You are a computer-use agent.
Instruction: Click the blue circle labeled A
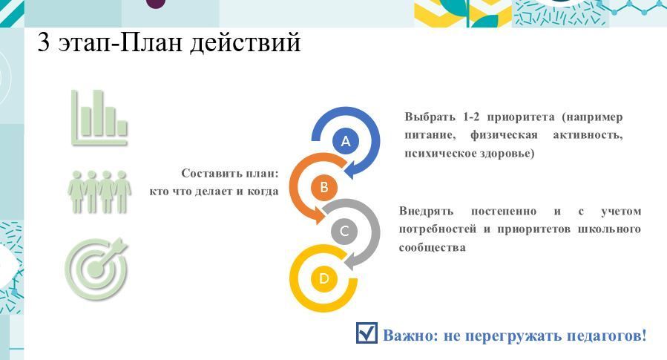346,141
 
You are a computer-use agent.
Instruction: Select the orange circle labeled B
323,187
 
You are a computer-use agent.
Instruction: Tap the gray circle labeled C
344,232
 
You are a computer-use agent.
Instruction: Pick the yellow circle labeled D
323,279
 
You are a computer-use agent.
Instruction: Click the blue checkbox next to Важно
367,333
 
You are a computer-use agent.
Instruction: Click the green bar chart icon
99,117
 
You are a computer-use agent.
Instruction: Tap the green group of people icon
99,192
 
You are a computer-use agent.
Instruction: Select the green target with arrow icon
96,269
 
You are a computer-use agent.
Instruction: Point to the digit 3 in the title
44,42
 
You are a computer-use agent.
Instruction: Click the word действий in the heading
246,43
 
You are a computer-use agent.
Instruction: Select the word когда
263,192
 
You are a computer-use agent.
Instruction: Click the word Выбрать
430,117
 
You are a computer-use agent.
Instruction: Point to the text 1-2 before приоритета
471,117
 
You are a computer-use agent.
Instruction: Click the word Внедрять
426,212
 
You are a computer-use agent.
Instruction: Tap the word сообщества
433,247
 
